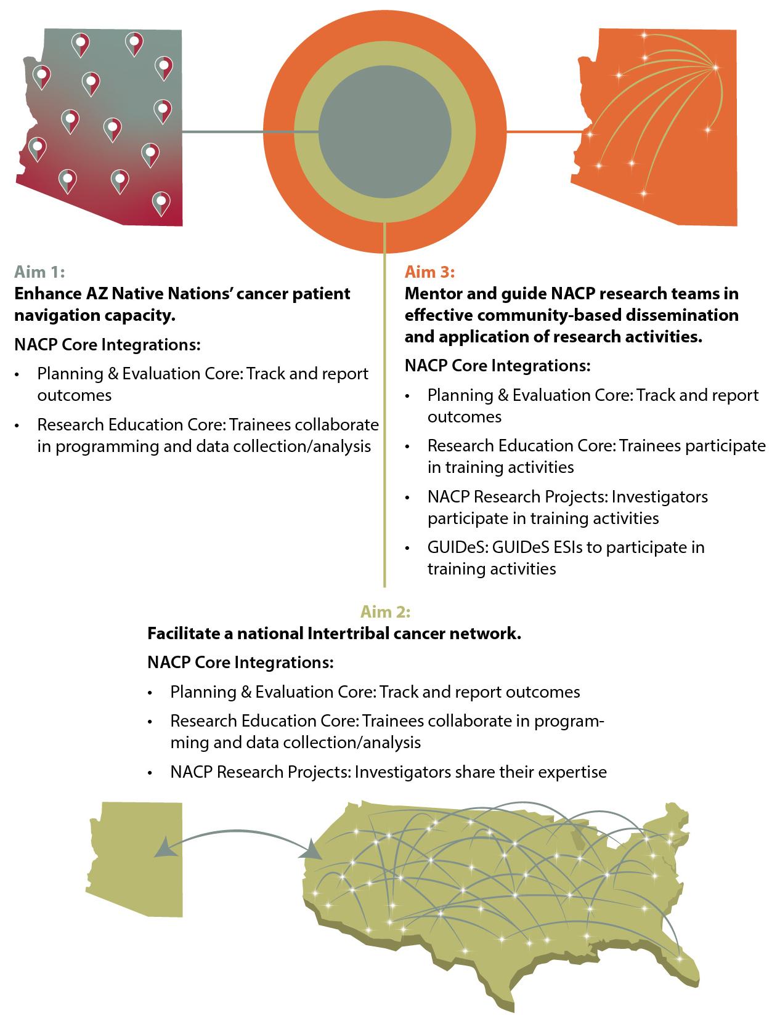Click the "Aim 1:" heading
[x=39, y=272]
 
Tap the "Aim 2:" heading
[x=386, y=611]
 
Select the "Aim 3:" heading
[x=429, y=272]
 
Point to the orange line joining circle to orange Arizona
[x=542, y=131]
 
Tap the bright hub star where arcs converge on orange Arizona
[x=715, y=67]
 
